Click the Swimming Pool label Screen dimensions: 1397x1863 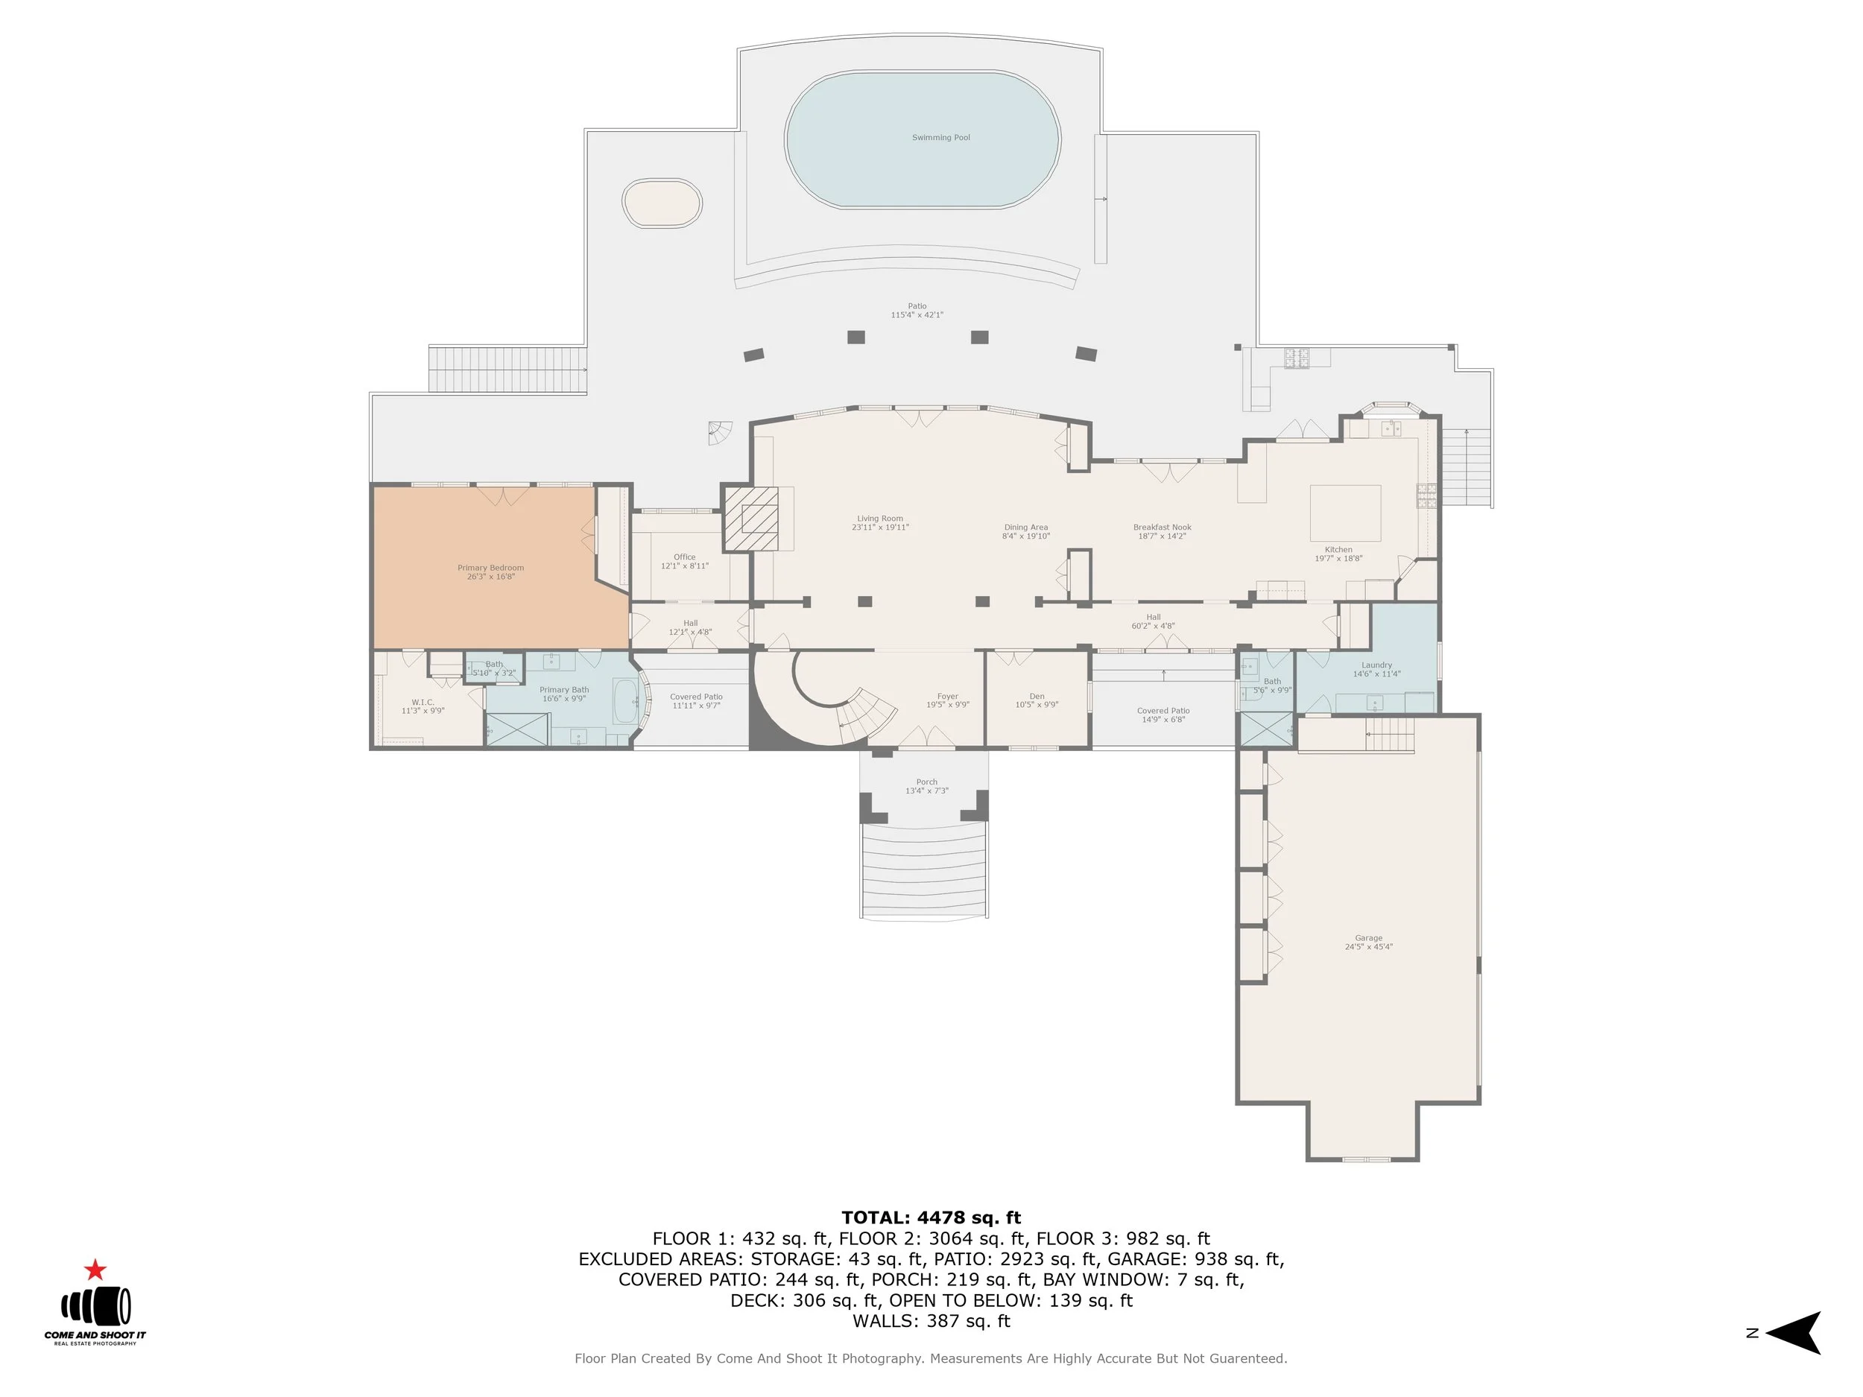coord(940,137)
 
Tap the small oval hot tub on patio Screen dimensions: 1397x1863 coord(662,203)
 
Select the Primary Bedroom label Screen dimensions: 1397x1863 coord(490,571)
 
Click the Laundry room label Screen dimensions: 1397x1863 coord(1376,668)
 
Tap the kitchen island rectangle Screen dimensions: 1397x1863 coord(1345,512)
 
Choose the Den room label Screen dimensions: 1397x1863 coord(1037,700)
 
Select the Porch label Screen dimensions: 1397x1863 coord(926,785)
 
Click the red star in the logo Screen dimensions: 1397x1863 coord(95,1270)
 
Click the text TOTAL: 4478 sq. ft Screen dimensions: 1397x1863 coord(931,1217)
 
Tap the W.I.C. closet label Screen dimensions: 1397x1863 coord(423,706)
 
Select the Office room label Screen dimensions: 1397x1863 coord(685,561)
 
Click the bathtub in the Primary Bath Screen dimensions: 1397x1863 coord(625,701)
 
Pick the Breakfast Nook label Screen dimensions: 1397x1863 coord(1163,531)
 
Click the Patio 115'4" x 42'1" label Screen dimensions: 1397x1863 coord(917,310)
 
